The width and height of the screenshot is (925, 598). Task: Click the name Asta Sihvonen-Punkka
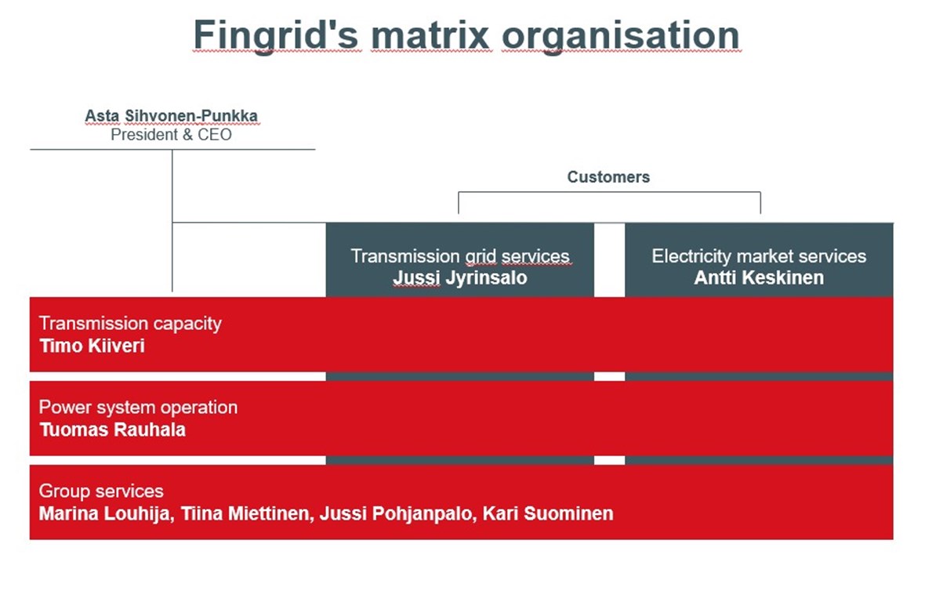[x=171, y=117]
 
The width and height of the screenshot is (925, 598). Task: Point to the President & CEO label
[x=171, y=135]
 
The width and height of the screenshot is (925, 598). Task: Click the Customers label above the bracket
[x=608, y=177]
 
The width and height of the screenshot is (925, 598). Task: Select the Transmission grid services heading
[x=459, y=256]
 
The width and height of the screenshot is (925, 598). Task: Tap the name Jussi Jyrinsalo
[x=459, y=277]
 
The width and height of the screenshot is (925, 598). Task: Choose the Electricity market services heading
[x=759, y=256]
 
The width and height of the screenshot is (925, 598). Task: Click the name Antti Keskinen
[x=759, y=277]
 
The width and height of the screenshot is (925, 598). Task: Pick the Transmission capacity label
[x=130, y=324]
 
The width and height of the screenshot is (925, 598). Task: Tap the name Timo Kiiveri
[x=92, y=346]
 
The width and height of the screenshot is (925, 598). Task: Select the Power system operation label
[x=138, y=408]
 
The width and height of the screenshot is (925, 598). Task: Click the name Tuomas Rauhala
[x=112, y=429]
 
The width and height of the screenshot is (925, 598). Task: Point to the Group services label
[x=101, y=491]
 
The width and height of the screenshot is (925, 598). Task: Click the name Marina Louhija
[x=103, y=514]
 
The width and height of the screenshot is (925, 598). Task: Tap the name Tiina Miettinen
[x=245, y=514]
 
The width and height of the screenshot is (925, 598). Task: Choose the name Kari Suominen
[x=548, y=514]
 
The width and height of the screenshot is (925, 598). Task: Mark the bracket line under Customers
[x=609, y=192]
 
